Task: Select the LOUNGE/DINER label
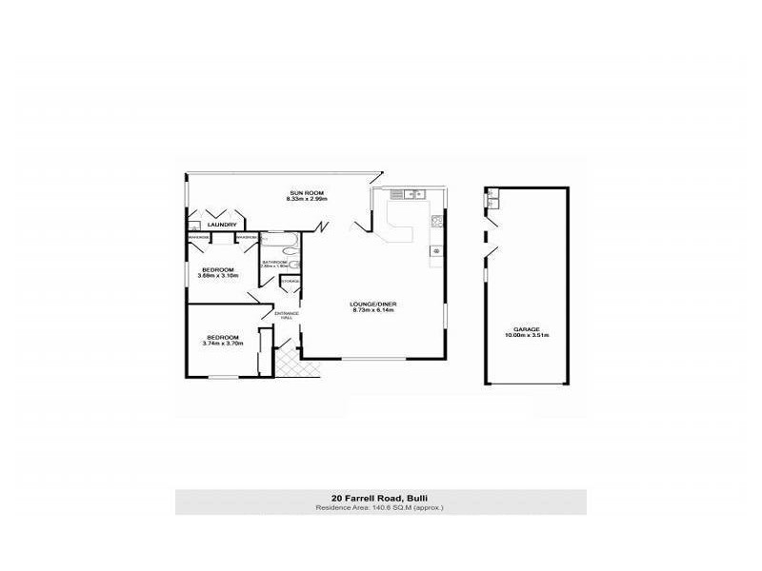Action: tap(373, 304)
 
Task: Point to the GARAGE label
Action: tap(527, 329)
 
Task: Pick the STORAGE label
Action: tap(290, 282)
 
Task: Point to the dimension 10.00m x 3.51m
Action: tap(527, 336)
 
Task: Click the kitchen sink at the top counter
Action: tap(414, 195)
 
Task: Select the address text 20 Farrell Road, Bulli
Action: tap(380, 498)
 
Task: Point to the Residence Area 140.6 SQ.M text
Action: tap(380, 507)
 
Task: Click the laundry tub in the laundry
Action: tap(193, 226)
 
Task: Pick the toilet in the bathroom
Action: tap(295, 266)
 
